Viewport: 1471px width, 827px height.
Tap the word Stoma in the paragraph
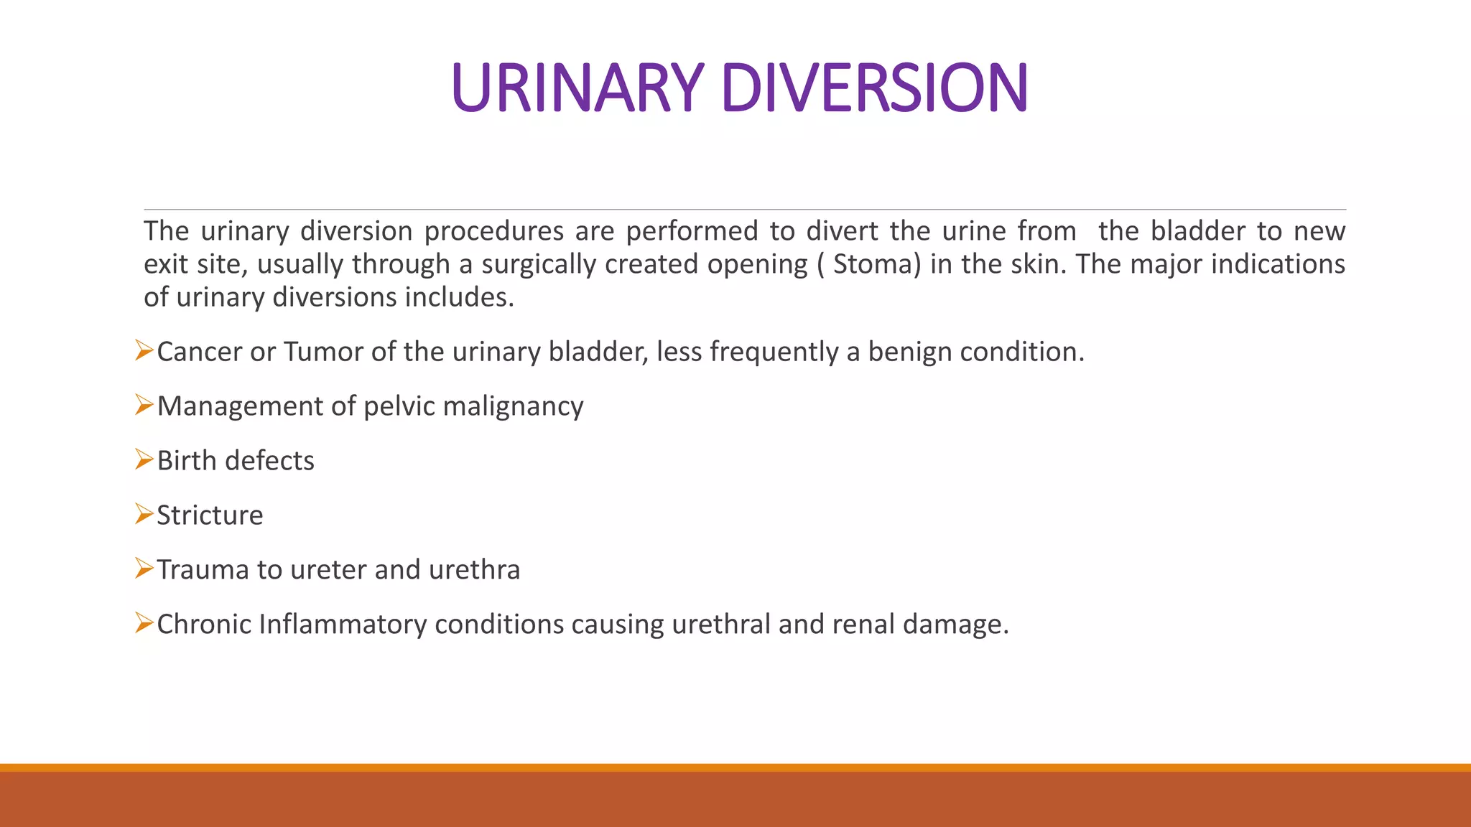coord(873,264)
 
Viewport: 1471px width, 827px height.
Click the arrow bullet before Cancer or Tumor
coord(144,351)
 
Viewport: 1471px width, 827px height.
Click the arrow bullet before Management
coord(144,406)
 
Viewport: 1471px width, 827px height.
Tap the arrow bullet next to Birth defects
coord(144,459)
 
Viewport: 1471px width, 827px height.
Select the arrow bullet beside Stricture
coord(144,514)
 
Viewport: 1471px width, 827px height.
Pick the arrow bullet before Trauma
coord(144,569)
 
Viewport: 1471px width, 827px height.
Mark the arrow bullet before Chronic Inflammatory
coord(144,623)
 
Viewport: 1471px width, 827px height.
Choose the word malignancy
coord(513,406)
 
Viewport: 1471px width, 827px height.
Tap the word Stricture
coord(210,515)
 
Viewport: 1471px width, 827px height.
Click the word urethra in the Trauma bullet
coord(474,569)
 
